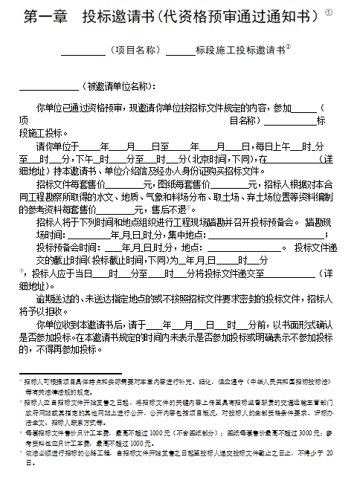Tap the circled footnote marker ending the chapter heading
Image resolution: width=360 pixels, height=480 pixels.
tap(329, 12)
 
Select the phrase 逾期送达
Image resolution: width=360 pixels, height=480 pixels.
tap(53, 298)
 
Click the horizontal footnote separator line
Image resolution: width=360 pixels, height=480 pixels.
tap(60, 372)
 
